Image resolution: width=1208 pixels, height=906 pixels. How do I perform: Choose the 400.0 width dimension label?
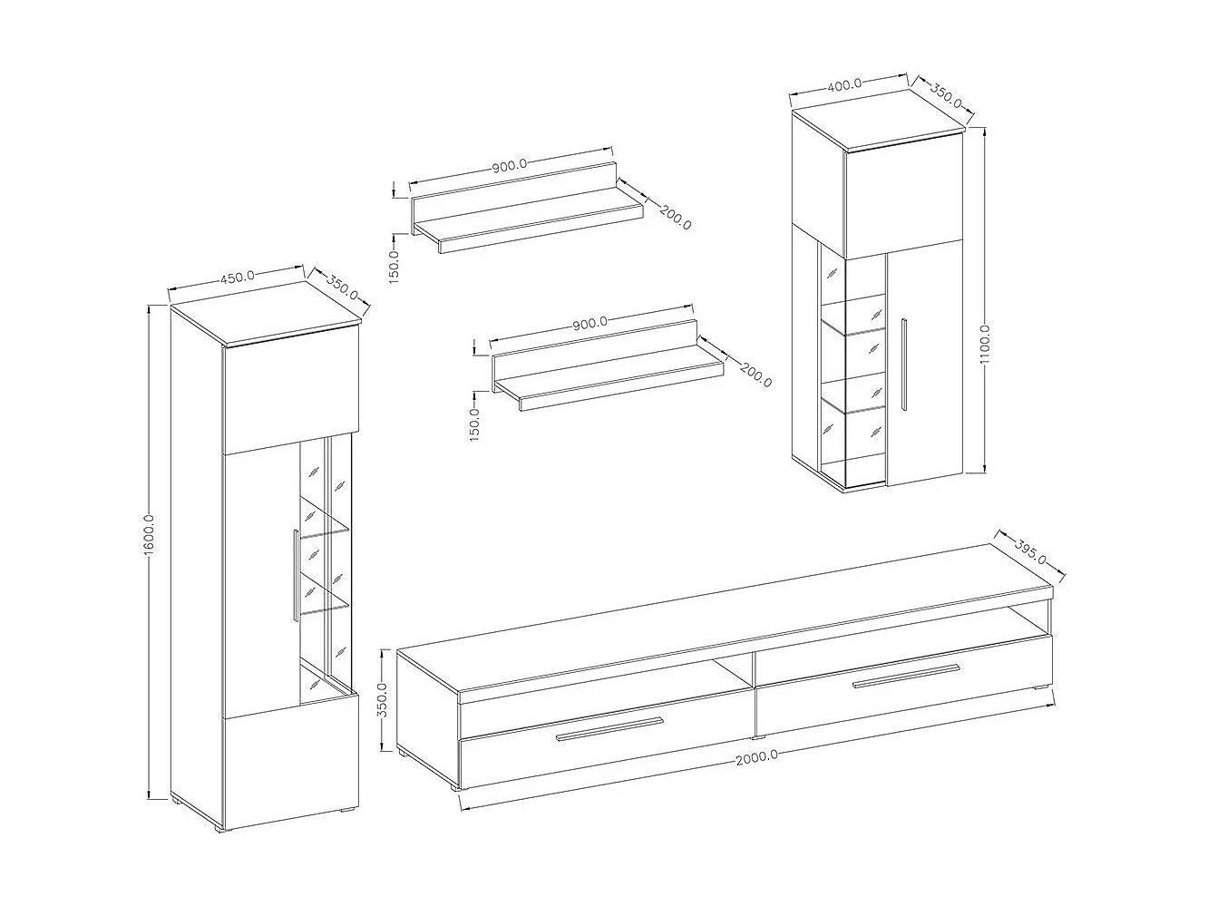[x=844, y=85]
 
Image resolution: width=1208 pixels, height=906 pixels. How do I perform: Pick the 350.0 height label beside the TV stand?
[x=383, y=699]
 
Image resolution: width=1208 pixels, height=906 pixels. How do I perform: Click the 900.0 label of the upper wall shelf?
[x=510, y=166]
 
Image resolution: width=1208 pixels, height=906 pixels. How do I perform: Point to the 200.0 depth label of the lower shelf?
[x=755, y=374]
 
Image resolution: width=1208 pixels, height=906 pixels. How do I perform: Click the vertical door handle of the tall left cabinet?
[x=295, y=574]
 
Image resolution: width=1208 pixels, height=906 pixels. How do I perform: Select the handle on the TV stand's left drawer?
[x=610, y=728]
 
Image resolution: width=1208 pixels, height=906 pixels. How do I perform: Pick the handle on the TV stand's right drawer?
[x=905, y=677]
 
